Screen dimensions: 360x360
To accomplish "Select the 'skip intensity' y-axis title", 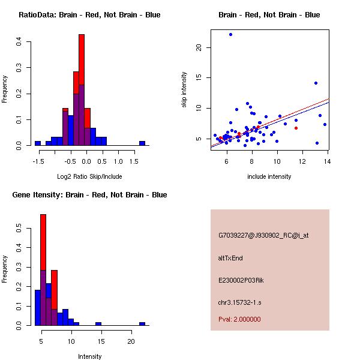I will click(185, 90).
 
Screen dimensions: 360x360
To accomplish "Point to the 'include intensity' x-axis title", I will click(269, 176).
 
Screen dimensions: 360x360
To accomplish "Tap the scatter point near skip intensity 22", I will click(230, 35).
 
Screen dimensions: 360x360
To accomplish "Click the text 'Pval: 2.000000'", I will click(239, 319).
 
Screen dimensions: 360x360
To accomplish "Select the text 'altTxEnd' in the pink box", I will click(230, 258).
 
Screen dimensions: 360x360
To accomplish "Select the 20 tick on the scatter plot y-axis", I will click(200, 47).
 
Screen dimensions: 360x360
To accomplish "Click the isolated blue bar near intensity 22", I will click(142, 323).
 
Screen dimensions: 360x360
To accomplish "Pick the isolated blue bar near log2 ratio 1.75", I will click(142, 143).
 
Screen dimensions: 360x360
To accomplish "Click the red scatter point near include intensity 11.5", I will click(296, 128).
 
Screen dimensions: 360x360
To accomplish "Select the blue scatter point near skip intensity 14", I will click(316, 83).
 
